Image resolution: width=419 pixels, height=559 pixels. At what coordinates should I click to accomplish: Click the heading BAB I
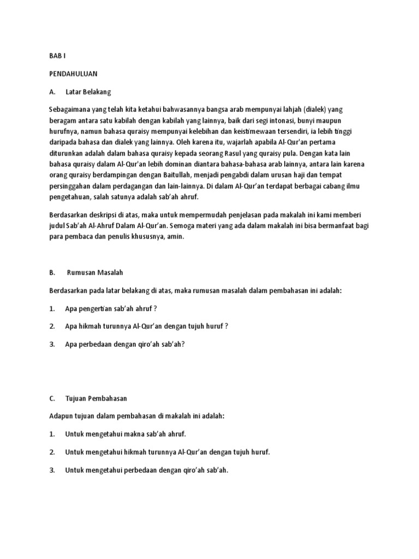(57, 56)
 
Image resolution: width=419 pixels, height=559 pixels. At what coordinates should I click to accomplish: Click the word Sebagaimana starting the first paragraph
(71, 109)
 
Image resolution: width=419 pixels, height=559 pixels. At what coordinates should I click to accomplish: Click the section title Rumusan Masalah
(99, 272)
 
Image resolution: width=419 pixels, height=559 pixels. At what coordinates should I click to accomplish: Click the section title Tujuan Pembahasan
(97, 399)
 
